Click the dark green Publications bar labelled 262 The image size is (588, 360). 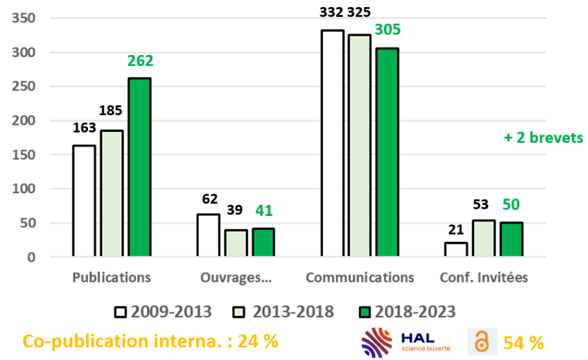tap(140, 167)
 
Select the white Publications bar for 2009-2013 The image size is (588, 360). tap(84, 201)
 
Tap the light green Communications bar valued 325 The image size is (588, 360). tap(360, 145)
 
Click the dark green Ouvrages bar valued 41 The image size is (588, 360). tap(263, 242)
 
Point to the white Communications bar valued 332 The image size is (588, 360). tap(332, 143)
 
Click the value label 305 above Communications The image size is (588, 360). tap(387, 30)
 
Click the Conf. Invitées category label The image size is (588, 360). tap(484, 277)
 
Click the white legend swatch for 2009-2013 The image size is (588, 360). tap(121, 312)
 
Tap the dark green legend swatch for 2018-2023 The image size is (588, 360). tap(364, 312)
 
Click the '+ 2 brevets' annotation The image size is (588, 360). tap(543, 138)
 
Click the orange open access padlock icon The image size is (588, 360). tap(481, 341)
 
